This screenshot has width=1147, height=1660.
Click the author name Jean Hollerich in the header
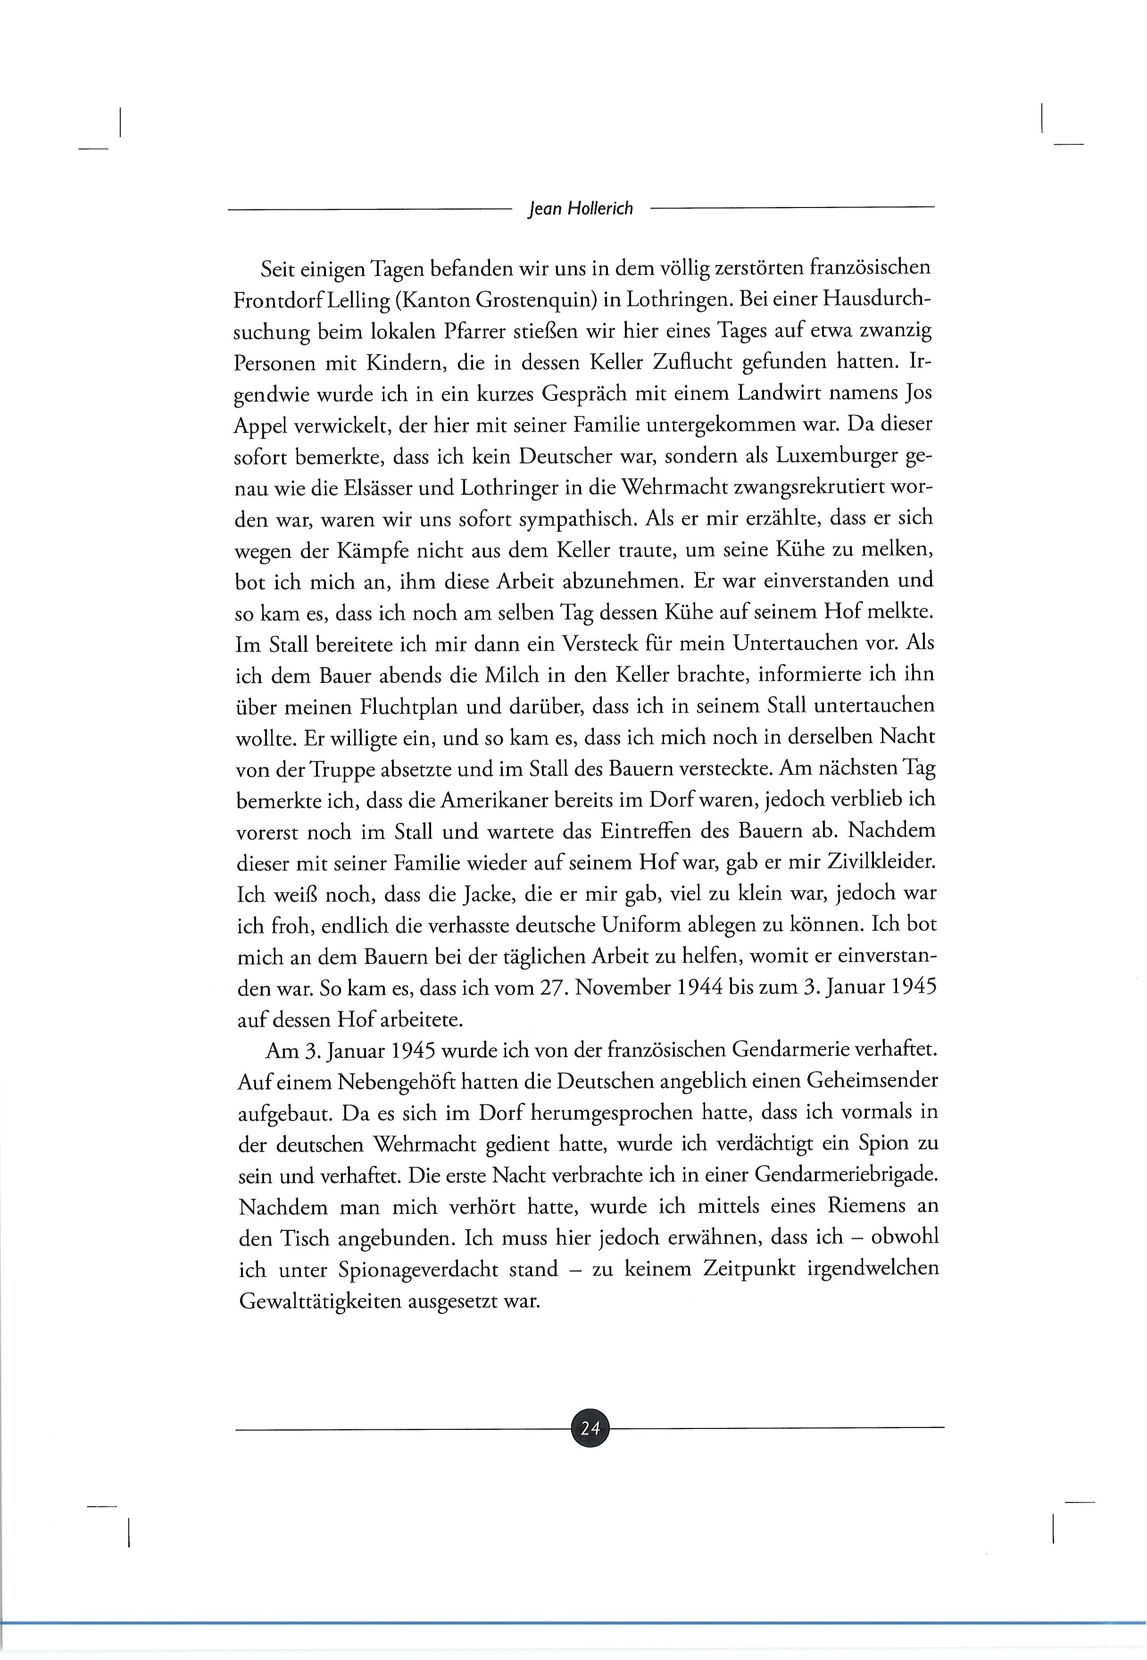coord(581,208)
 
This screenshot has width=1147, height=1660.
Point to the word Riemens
coord(870,1206)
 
